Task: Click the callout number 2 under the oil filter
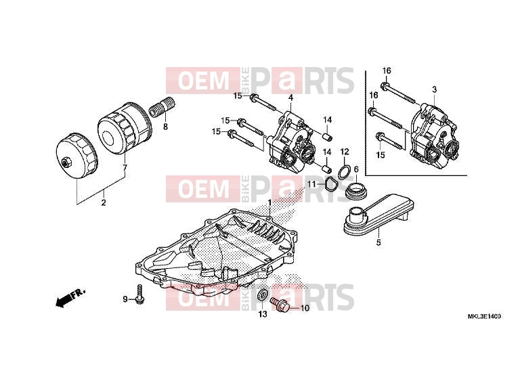pos(104,202)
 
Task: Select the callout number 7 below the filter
pos(125,167)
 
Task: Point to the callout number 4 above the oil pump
pos(290,97)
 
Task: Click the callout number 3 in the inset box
pos(434,89)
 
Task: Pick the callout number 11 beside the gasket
pos(311,184)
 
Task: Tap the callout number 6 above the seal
pos(356,169)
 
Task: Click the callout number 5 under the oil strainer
pos(378,242)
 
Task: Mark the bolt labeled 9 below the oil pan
pos(140,294)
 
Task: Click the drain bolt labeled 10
pos(280,303)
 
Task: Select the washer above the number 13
pos(263,295)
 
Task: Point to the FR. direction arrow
pos(70,297)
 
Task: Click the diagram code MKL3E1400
pos(484,316)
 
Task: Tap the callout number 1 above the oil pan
pos(269,202)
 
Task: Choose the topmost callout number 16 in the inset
pos(387,70)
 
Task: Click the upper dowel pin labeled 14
pos(326,136)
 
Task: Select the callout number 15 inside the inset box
pos(381,154)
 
